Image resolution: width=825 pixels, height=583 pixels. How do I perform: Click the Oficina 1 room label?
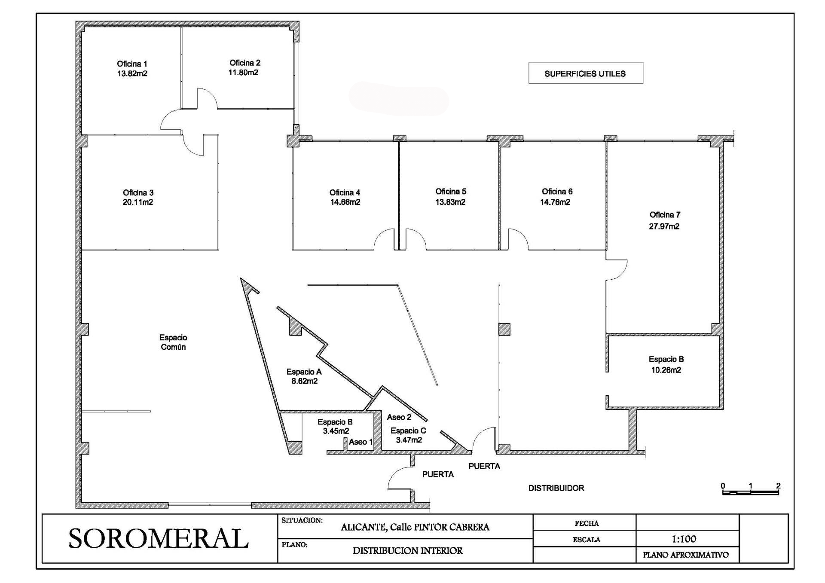(132, 64)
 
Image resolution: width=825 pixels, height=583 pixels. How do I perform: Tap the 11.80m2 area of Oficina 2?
(243, 73)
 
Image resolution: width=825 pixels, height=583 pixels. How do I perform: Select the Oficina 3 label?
(138, 192)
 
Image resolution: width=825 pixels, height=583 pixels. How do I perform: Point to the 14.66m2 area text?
(345, 202)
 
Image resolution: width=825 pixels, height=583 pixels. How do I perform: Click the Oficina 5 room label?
(451, 191)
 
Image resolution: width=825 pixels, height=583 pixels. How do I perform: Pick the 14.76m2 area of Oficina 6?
(555, 202)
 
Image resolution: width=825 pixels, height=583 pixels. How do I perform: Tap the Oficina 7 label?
(665, 214)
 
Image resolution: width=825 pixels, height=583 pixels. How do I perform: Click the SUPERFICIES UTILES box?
(586, 73)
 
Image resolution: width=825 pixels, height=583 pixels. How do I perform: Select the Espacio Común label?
(173, 342)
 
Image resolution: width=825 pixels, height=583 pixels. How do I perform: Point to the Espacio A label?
(304, 372)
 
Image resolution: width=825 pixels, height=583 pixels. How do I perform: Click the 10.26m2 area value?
(666, 370)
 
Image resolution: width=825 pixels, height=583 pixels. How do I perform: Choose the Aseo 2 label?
(399, 417)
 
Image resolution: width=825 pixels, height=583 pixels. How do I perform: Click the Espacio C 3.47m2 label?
(409, 435)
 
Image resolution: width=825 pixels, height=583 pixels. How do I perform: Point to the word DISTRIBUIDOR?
(556, 488)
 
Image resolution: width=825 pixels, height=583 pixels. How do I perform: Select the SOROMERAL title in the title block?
(159, 538)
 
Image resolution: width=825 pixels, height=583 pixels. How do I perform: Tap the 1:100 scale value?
(684, 539)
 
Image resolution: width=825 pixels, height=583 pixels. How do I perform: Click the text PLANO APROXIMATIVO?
(686, 555)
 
